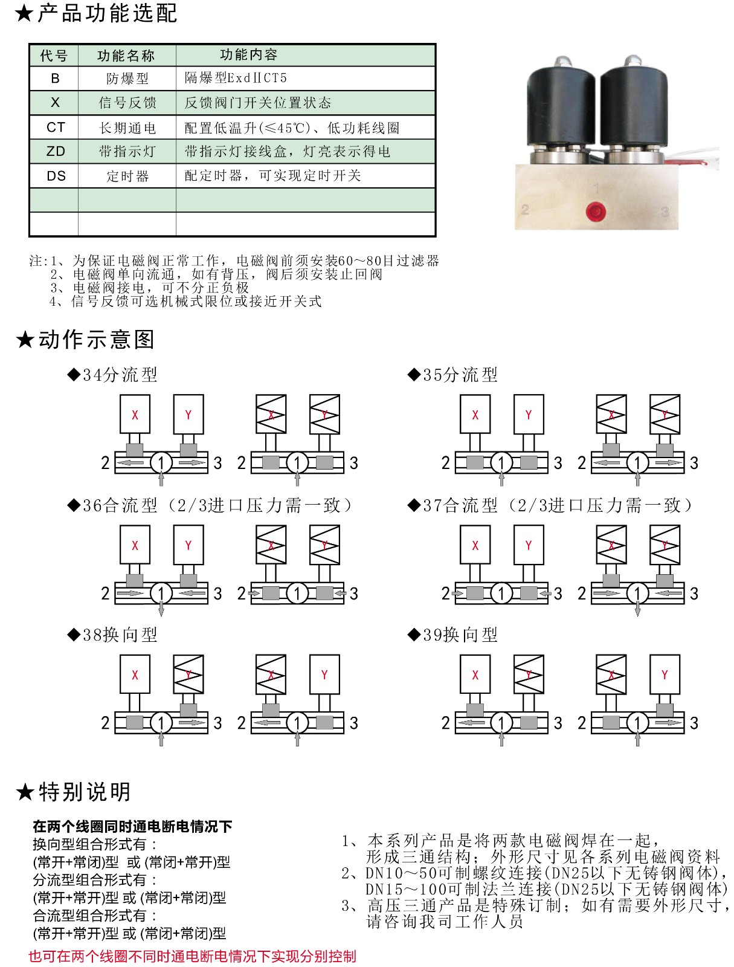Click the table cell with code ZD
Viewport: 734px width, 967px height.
pyautogui.click(x=55, y=151)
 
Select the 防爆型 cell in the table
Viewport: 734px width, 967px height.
pyautogui.click(x=127, y=79)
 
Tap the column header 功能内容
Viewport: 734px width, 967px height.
pyautogui.click(x=248, y=55)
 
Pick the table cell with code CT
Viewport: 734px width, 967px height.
pyautogui.click(x=55, y=128)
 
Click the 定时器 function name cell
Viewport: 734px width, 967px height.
pyautogui.click(x=127, y=176)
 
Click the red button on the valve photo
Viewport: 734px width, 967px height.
pyautogui.click(x=595, y=212)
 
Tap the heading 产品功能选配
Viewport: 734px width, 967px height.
pyautogui.click(x=107, y=13)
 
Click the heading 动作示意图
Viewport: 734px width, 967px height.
pyautogui.click(x=95, y=340)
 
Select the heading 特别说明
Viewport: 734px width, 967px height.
pyautogui.click(x=83, y=792)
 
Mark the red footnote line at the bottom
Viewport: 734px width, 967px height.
pyautogui.click(x=192, y=956)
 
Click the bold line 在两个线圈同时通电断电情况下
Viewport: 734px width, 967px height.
pyautogui.click(x=132, y=826)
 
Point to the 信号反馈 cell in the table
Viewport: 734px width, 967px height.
pyautogui.click(x=127, y=103)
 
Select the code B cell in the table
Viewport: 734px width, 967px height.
pyautogui.click(x=55, y=79)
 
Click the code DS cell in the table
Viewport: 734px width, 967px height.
pyautogui.click(x=55, y=176)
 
